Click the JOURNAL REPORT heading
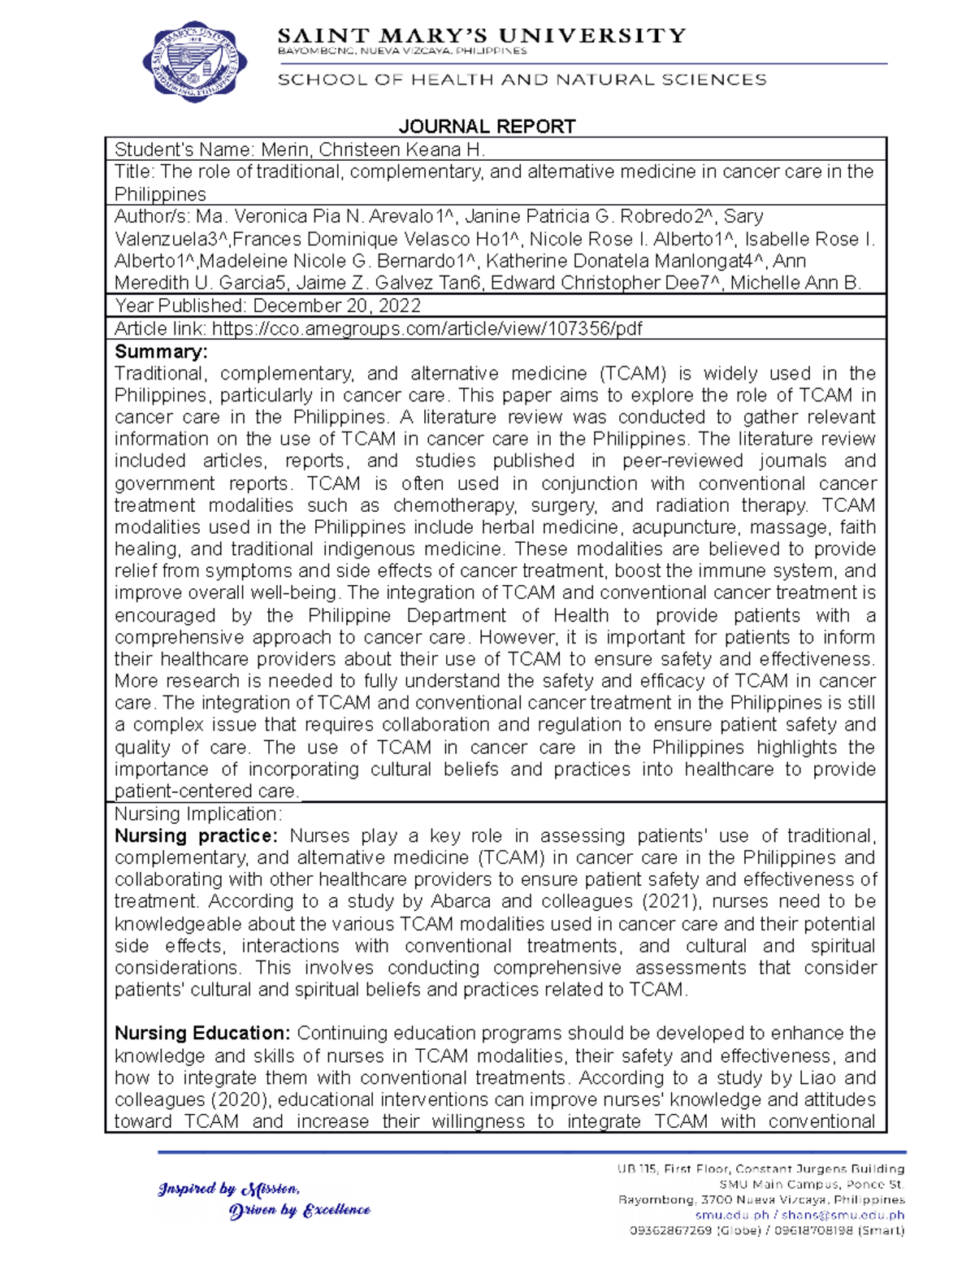pos(487,126)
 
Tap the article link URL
pos(427,328)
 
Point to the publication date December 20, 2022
pos(337,306)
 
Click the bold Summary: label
pos(161,352)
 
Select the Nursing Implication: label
pos(198,814)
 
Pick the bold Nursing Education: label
pos(202,1034)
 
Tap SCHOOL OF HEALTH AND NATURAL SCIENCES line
pos(522,80)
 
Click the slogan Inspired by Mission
pos(229,1189)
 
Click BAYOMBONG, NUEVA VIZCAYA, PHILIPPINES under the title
pos(402,50)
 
